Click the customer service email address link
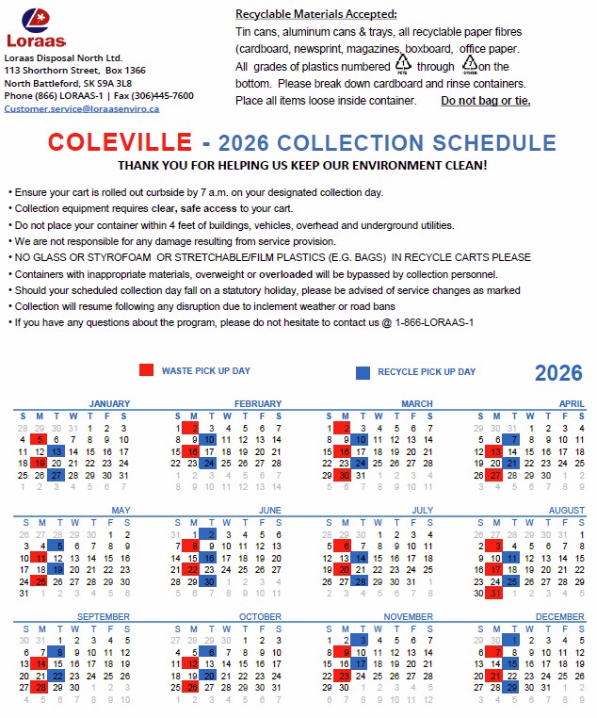click(82, 108)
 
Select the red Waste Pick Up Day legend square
click(146, 371)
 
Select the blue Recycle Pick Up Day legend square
click(363, 371)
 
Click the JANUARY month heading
click(110, 404)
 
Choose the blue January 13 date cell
click(56, 451)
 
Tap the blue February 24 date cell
click(209, 464)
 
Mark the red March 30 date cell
click(344, 476)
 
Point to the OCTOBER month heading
click(260, 617)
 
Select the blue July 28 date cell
click(361, 582)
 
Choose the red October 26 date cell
click(192, 688)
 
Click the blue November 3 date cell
click(361, 640)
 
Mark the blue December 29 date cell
click(512, 688)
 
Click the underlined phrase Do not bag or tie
click(486, 100)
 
